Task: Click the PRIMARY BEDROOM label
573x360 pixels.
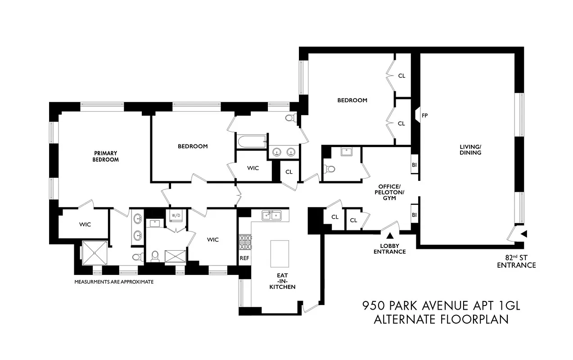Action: [x=106, y=156]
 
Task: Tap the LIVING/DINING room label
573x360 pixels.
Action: [x=470, y=149]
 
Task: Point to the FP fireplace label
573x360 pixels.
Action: [x=424, y=116]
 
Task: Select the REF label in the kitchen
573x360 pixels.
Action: [x=244, y=258]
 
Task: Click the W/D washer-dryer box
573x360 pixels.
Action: [x=176, y=216]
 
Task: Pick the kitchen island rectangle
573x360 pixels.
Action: [x=279, y=253]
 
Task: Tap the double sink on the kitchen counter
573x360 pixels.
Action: [x=272, y=216]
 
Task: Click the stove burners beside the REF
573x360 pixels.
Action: [x=245, y=242]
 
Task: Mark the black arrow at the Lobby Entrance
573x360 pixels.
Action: [x=390, y=235]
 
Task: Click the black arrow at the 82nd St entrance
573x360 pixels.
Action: [x=523, y=234]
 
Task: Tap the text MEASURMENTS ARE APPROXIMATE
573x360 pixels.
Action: [x=114, y=282]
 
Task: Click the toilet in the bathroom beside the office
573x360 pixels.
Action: [x=330, y=170]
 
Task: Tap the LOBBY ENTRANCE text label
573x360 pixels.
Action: [x=390, y=249]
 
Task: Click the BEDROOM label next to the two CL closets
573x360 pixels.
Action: [x=352, y=100]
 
